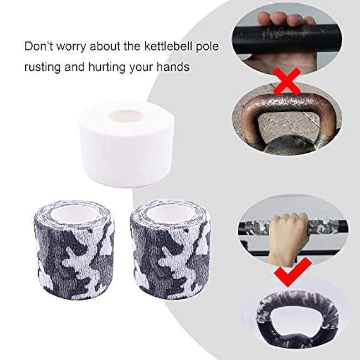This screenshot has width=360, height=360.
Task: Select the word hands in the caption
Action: click(175, 68)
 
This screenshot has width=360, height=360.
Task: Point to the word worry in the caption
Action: click(72, 46)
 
